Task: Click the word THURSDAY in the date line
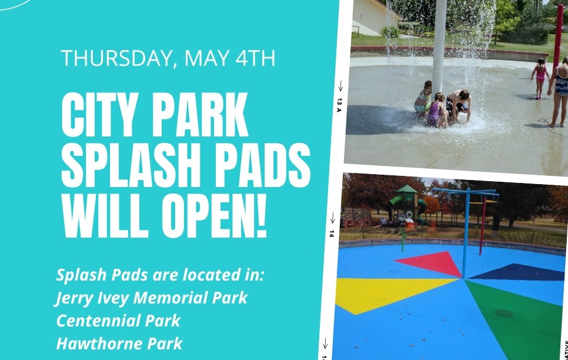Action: (116, 58)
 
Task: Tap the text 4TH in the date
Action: (255, 58)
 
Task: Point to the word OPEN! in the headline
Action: (215, 215)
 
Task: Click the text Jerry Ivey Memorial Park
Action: (152, 298)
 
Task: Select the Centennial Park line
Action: (118, 321)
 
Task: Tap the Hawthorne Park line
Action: (119, 344)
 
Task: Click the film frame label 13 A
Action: (339, 105)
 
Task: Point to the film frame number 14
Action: (332, 234)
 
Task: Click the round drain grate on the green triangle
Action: (503, 314)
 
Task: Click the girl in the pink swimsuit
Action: (540, 78)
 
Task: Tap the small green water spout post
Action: (402, 240)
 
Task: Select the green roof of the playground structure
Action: (407, 189)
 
